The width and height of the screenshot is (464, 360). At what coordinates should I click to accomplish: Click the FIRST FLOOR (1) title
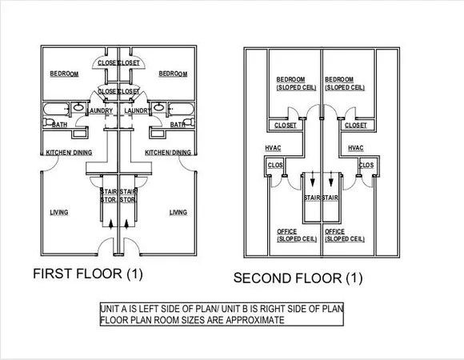(x=87, y=274)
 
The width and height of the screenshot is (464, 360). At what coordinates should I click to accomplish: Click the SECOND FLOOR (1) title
(x=298, y=278)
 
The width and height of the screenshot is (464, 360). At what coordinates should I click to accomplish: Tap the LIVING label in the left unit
(x=58, y=212)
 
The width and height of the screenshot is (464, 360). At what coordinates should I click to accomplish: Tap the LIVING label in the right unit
(x=178, y=212)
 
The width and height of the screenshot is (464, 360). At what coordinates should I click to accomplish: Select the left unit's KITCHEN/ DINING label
(x=69, y=152)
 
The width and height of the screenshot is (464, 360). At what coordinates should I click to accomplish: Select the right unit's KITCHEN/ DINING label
(x=168, y=152)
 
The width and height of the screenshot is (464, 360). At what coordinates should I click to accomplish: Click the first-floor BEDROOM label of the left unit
(x=62, y=74)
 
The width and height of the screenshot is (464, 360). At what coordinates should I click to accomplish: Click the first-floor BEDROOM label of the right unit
(x=173, y=74)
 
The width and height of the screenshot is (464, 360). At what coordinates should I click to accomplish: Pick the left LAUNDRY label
(x=101, y=110)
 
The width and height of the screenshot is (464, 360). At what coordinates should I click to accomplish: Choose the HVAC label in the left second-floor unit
(x=273, y=148)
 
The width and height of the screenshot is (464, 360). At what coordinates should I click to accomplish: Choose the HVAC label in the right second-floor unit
(x=356, y=148)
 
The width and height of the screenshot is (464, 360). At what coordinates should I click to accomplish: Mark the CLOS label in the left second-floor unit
(x=275, y=166)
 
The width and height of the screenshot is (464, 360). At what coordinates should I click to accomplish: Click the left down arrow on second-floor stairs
(x=311, y=182)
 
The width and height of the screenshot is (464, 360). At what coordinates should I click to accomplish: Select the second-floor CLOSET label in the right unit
(x=355, y=126)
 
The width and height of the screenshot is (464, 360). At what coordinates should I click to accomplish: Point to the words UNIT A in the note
(x=115, y=308)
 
